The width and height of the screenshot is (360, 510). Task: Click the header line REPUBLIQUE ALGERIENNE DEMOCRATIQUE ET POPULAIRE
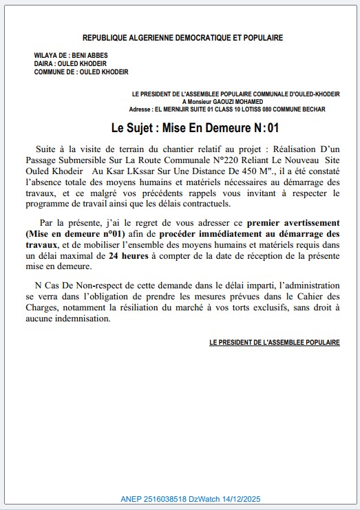coord(182,38)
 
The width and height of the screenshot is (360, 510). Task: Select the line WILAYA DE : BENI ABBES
coord(71,55)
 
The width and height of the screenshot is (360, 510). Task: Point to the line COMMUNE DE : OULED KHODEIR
coord(81,72)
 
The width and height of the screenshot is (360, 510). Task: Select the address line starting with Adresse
coord(227,109)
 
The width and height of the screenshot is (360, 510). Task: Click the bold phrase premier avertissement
coord(293,222)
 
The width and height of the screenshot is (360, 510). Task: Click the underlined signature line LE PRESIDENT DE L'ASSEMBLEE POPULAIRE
coord(274,342)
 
